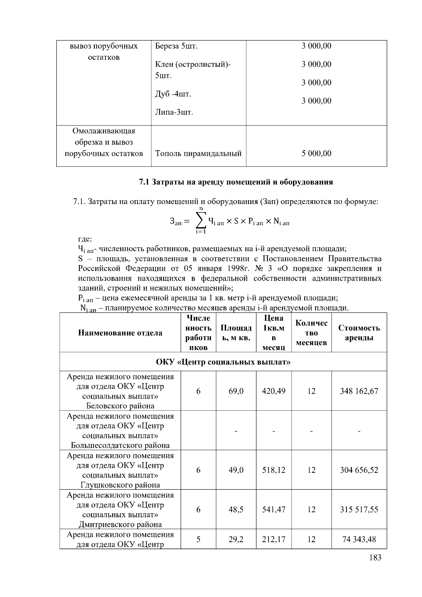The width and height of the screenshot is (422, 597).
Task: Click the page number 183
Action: pos(375,557)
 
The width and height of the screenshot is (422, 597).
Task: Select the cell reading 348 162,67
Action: pos(359,391)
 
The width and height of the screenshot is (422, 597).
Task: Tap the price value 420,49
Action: pos(274,391)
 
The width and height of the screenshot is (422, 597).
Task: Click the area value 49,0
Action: pos(236,470)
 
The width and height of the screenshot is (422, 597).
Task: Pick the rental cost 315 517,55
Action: pos(359,509)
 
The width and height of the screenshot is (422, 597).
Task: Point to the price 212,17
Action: pos(274,539)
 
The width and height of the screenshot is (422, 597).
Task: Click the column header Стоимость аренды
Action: pos(359,332)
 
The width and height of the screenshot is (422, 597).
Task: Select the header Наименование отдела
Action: pos(120,333)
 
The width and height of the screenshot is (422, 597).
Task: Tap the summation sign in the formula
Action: pos(200,221)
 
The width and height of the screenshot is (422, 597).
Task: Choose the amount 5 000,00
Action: pos(316,153)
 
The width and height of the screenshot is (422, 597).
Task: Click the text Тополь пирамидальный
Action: pos(198,153)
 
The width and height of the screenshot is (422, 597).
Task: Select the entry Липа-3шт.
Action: pos(174,112)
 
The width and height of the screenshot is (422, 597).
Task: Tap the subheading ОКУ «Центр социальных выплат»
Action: pos(223,362)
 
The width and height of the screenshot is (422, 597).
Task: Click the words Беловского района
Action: pos(120,406)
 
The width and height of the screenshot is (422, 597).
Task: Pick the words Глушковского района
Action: pos(120,485)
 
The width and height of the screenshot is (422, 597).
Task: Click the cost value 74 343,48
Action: pos(359,539)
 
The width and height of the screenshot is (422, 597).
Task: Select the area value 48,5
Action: pos(236,509)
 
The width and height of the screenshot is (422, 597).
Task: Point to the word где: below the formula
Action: pos(85,239)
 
